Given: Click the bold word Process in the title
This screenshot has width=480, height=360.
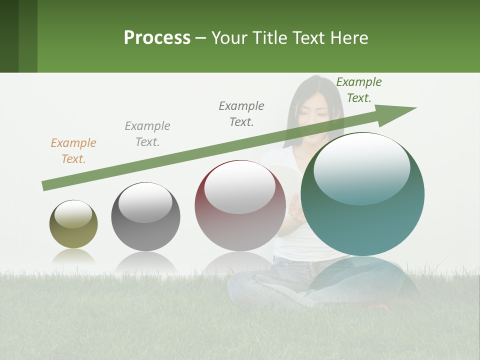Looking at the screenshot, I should tap(157, 38).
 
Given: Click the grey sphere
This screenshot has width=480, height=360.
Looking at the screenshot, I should tap(145, 217).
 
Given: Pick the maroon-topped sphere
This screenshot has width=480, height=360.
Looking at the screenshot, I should tap(240, 206).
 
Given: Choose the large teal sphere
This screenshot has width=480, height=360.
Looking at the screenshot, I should tap(362, 195).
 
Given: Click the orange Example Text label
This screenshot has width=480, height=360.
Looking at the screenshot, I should tap(73, 151).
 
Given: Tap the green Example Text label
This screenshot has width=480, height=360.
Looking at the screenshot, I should tap(359, 90).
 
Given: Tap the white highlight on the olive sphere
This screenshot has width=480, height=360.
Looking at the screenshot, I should tap(73, 214).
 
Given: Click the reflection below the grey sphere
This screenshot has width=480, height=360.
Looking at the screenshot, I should tap(145, 262).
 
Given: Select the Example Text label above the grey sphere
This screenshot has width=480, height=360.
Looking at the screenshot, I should tap(147, 134).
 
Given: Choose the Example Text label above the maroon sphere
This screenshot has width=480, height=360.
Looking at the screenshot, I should tap(241, 114).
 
